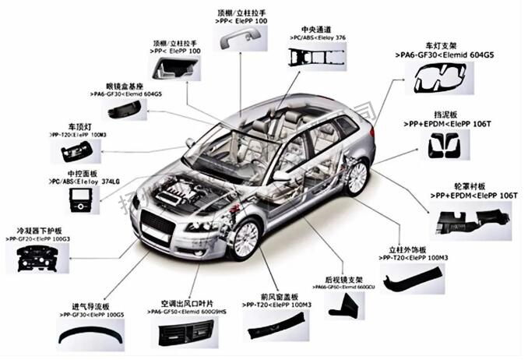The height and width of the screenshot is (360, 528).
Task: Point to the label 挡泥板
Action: [439, 114]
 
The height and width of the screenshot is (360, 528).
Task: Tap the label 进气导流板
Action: [92, 305]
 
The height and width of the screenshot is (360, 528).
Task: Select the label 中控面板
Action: [82, 173]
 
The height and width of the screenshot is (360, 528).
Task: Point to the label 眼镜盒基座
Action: [125, 85]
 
